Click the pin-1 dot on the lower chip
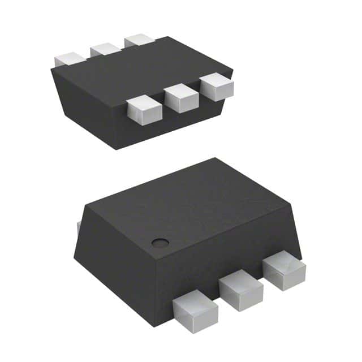[161, 242]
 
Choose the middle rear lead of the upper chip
[106, 50]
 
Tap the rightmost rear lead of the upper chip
[139, 41]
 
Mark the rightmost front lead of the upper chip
[217, 88]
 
